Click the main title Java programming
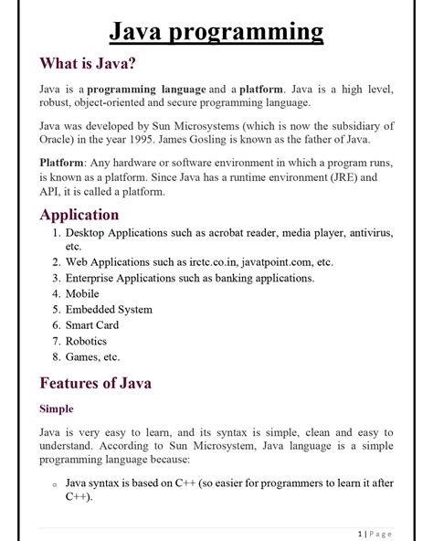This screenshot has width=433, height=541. pyautogui.click(x=216, y=33)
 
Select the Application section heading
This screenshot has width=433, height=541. pyautogui.click(x=79, y=215)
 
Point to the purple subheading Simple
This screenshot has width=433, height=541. pyautogui.click(x=56, y=408)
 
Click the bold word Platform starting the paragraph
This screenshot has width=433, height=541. pyautogui.click(x=62, y=162)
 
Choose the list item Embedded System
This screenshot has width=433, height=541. pyautogui.click(x=109, y=310)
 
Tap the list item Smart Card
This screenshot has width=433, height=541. pyautogui.click(x=91, y=325)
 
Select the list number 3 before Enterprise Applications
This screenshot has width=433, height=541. pyautogui.click(x=56, y=278)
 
